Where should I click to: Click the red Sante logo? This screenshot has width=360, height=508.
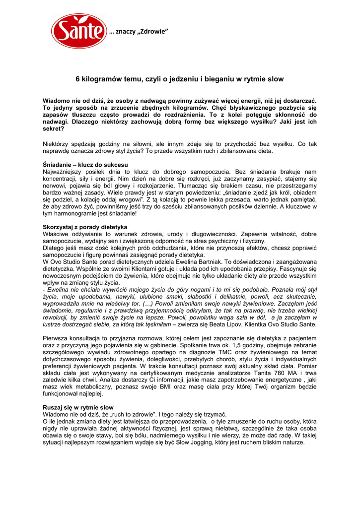point(79,31)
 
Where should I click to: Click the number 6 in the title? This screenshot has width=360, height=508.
point(77,78)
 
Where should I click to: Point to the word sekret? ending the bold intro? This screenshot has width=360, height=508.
point(54,128)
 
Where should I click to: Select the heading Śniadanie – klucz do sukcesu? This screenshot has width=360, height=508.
point(85,164)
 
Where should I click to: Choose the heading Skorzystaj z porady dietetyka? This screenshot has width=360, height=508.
point(85,227)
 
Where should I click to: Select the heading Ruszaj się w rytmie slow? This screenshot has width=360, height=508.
point(78,407)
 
